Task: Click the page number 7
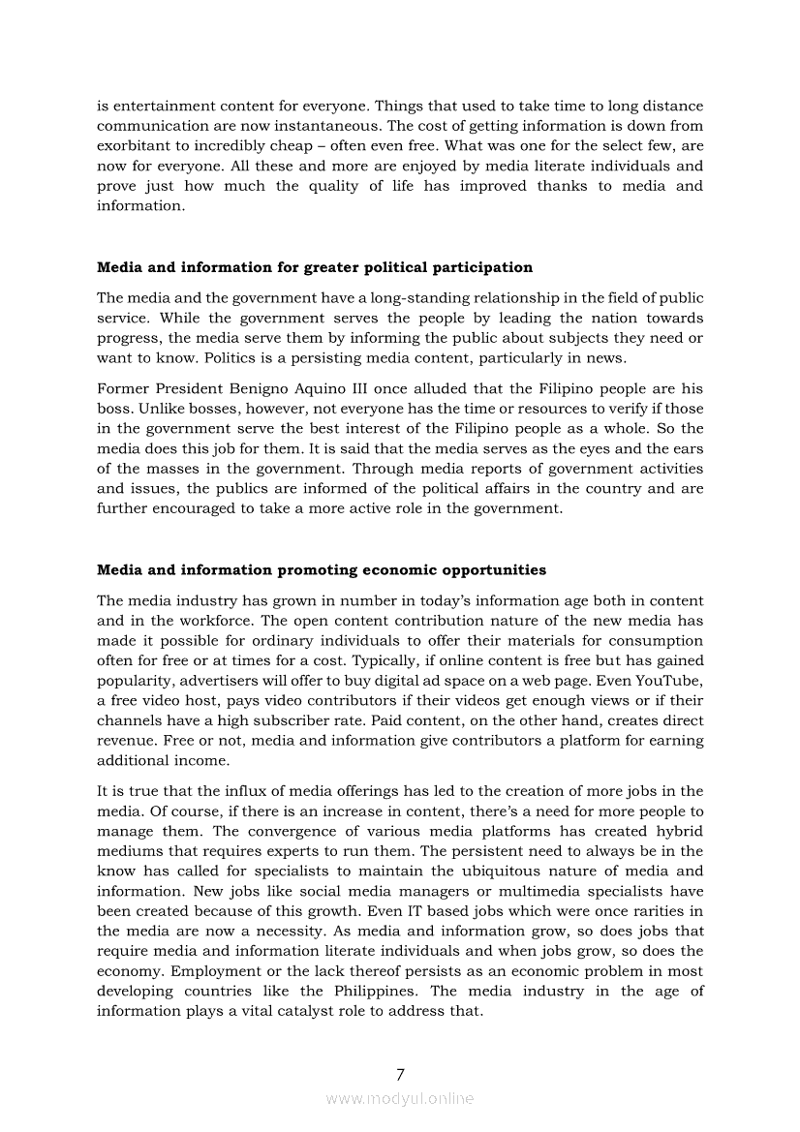click(400, 1074)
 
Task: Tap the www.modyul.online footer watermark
click(400, 1098)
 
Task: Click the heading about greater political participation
click(315, 267)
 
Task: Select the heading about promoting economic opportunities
click(322, 569)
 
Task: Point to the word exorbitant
click(135, 145)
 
